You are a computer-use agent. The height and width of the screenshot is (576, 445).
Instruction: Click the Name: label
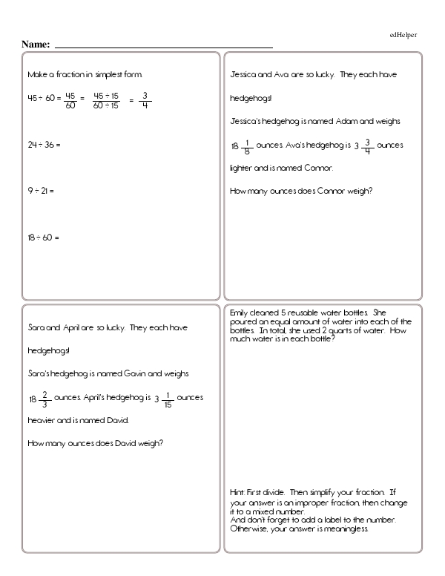[36, 45]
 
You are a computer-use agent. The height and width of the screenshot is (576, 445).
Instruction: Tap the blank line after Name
[163, 47]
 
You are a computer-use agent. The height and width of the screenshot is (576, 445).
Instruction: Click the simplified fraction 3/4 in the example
[145, 99]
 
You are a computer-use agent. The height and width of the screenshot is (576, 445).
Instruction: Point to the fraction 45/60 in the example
[71, 99]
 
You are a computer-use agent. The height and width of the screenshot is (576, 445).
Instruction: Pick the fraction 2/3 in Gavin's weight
[47, 398]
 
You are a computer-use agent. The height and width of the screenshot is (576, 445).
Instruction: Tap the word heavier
[42, 420]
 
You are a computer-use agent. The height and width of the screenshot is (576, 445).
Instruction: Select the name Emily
[240, 312]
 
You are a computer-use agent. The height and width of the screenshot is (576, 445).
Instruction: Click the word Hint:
[239, 493]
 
